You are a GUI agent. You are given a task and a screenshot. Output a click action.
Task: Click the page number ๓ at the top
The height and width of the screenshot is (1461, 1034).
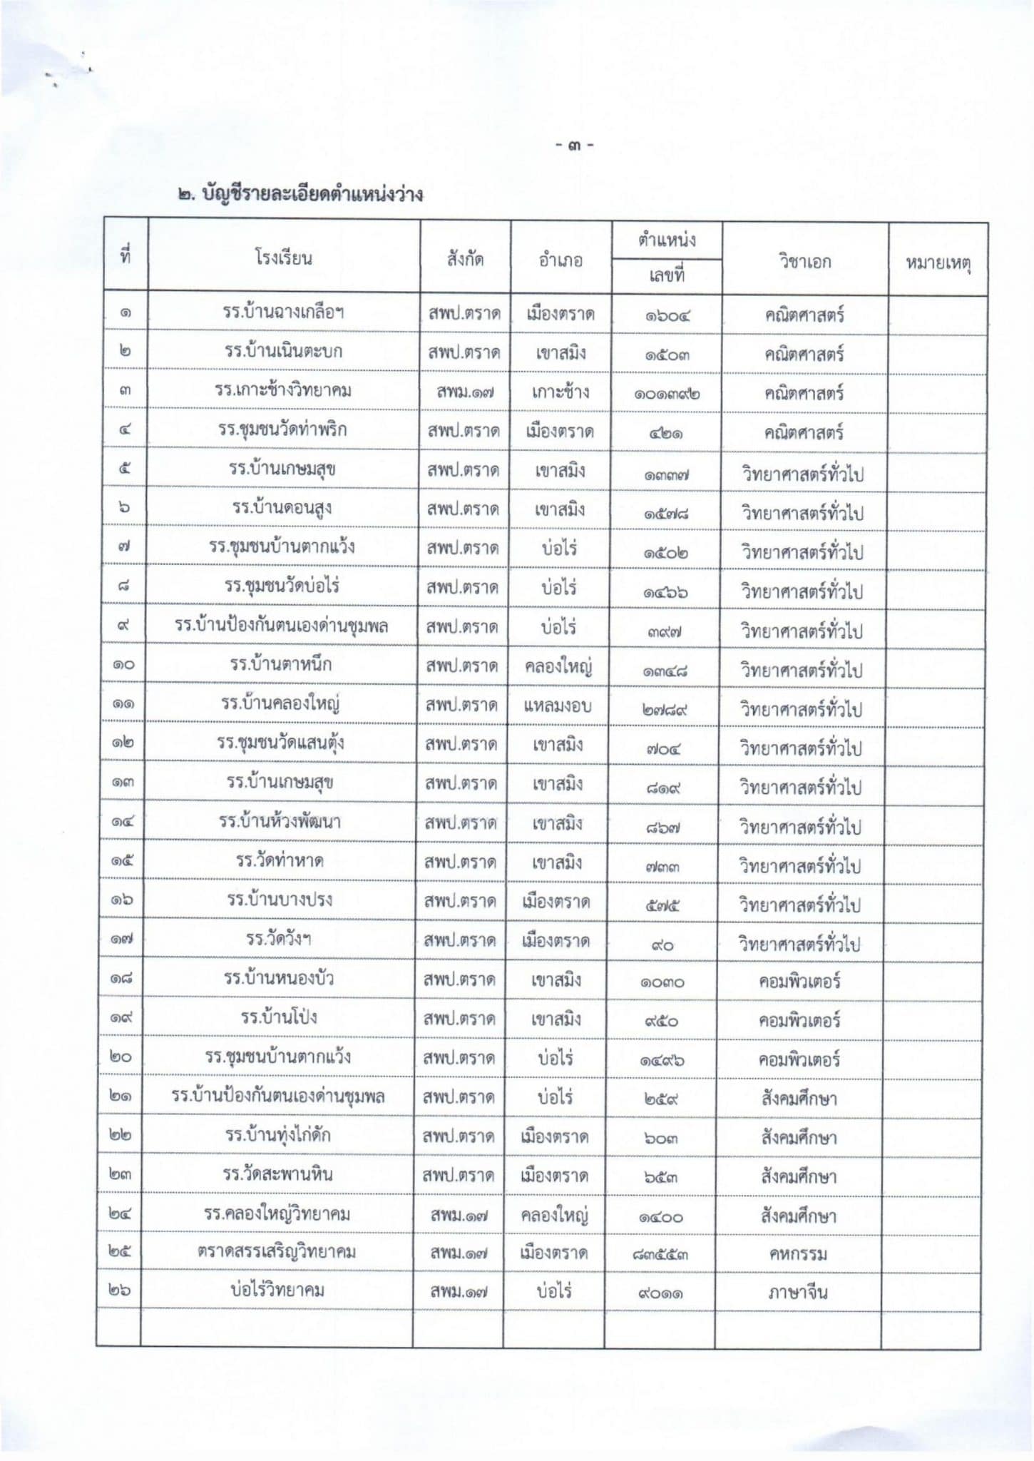575,146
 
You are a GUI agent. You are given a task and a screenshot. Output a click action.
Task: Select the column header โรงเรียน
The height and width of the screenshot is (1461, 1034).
283,258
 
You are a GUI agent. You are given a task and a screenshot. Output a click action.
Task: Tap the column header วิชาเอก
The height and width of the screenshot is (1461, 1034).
804,261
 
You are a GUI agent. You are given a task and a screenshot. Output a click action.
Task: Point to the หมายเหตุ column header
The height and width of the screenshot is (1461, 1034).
938,263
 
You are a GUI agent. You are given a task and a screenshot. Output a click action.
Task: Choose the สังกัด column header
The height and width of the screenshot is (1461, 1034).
465,259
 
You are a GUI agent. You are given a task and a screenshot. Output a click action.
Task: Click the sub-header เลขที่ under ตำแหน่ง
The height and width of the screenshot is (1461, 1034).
666,275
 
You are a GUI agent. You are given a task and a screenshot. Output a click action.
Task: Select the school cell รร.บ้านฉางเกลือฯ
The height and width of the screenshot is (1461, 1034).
283,312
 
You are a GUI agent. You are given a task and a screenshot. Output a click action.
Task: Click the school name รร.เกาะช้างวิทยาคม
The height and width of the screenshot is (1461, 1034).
283,390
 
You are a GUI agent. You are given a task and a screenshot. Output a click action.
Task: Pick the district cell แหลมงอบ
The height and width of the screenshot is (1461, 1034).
557,706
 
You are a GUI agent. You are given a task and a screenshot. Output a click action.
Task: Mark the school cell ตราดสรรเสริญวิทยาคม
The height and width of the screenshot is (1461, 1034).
277,1252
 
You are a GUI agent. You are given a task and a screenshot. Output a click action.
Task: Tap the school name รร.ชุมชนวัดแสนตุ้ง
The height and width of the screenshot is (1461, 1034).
281,743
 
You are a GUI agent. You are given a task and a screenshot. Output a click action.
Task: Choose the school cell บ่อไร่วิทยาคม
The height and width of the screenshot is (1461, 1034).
277,1290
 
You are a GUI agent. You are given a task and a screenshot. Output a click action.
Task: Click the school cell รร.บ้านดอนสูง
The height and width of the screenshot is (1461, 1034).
282,508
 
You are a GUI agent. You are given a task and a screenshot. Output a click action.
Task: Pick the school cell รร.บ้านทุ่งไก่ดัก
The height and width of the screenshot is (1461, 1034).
277,1134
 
